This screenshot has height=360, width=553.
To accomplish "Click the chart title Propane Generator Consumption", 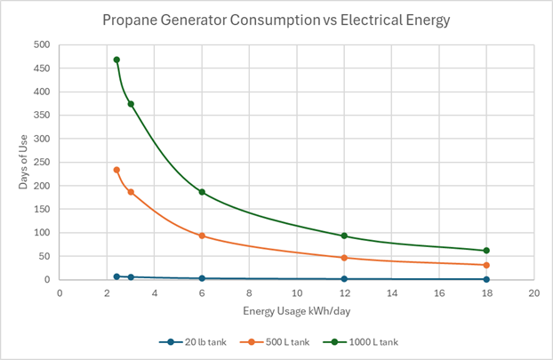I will [x=276, y=19].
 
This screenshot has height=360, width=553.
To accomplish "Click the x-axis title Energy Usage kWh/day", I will [x=296, y=311].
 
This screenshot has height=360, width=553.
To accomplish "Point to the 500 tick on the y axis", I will [x=41, y=44].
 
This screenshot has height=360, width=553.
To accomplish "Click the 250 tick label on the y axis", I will [x=41, y=162].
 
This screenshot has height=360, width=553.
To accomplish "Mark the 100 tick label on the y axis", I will [x=41, y=233].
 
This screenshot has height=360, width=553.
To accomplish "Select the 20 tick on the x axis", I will [x=533, y=292].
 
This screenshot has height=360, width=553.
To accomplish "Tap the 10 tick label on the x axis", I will [x=296, y=292].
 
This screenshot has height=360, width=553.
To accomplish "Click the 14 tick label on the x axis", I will [x=391, y=292].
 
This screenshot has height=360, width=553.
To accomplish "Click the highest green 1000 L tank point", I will [x=116, y=60].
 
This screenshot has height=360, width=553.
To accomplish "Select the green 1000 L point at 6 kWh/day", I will [x=202, y=192].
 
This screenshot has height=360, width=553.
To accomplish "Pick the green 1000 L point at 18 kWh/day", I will [x=486, y=251].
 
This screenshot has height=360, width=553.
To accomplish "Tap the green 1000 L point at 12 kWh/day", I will [x=344, y=236].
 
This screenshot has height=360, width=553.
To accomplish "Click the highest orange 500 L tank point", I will [x=116, y=170].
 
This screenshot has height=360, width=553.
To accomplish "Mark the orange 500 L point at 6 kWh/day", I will [x=202, y=236].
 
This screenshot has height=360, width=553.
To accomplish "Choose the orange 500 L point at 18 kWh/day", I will [x=486, y=265].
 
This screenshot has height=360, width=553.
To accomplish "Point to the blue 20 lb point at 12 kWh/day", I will [x=344, y=278].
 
